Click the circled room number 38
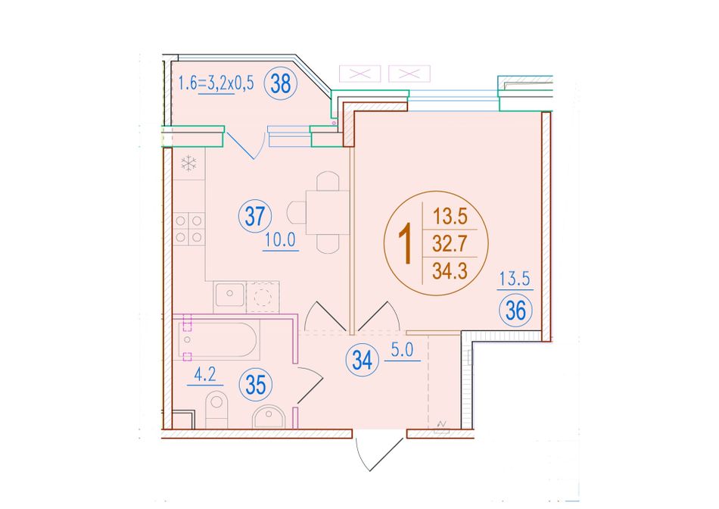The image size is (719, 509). tap(281, 83)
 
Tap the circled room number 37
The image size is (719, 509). tap(255, 216)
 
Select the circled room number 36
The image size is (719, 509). tap(515, 311)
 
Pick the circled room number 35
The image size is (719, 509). tap(255, 385)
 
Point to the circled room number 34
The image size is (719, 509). tap(363, 360)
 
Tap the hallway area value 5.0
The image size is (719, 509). tap(402, 350)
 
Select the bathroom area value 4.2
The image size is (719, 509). tap(205, 375)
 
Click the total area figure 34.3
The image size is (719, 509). tap(450, 271)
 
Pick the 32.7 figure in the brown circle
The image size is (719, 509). tap(450, 243)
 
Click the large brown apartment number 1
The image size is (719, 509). tap(406, 246)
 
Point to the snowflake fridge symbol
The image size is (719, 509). tap(188, 164)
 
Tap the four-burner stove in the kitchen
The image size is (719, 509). tap(188, 229)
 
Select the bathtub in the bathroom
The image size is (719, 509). tap(216, 340)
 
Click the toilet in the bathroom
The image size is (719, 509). tap(216, 409)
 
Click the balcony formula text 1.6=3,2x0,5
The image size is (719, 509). tap(216, 84)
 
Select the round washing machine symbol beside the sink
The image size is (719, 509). tap(263, 296)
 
